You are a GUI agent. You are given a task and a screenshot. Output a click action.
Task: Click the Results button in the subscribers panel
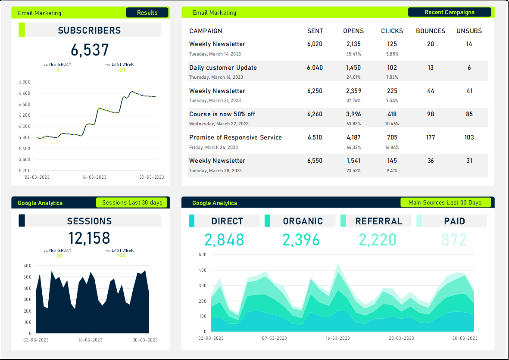click(147, 12)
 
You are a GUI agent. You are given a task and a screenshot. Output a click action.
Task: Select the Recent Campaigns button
click(449, 12)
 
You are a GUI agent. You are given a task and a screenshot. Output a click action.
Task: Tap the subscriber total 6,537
click(90, 50)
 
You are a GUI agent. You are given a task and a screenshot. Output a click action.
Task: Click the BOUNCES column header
click(430, 31)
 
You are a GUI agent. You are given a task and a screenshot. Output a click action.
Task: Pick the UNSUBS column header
click(469, 31)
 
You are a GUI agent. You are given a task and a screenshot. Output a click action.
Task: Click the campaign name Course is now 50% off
click(222, 114)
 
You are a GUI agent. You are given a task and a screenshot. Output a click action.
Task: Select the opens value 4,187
click(353, 137)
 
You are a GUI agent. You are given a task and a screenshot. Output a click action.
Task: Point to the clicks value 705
click(392, 137)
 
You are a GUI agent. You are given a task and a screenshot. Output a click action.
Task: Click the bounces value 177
click(430, 137)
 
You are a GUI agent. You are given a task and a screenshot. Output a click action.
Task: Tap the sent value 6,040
click(315, 68)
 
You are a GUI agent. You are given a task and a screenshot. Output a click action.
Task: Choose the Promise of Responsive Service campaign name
click(235, 137)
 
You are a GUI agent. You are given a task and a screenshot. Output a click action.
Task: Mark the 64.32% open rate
click(353, 147)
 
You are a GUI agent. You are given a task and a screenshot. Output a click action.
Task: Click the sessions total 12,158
click(89, 238)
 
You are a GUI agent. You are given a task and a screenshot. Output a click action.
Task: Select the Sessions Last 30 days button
click(132, 202)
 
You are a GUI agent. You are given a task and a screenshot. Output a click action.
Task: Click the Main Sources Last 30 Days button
click(445, 202)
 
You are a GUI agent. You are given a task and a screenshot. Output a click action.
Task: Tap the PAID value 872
click(454, 240)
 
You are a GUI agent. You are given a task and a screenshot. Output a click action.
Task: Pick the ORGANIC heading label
click(303, 221)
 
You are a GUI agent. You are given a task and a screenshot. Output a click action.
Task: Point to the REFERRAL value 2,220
click(378, 240)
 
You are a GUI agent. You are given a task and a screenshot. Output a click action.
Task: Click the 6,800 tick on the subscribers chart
click(25, 82)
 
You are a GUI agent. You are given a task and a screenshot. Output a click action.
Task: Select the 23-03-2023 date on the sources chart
click(401, 338)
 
